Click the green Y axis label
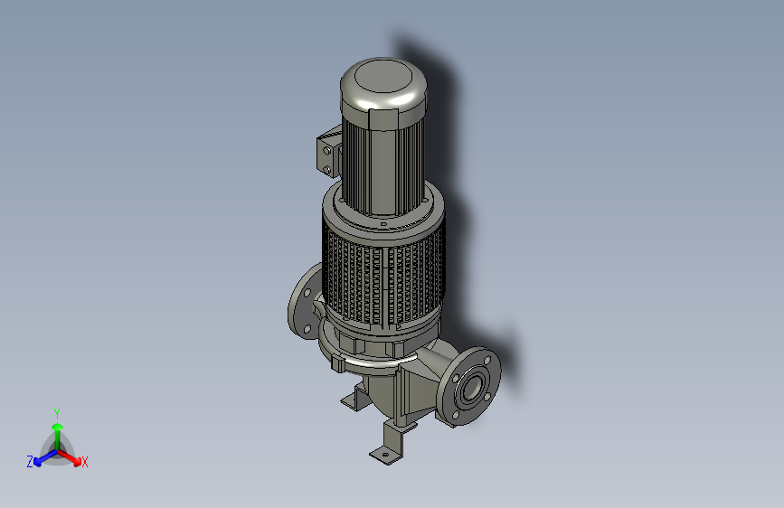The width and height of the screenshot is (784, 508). coord(57,413)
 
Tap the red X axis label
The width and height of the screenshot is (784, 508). coord(84,462)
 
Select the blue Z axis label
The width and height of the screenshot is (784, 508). coord(30,462)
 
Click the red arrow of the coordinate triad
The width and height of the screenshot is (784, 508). coord(70,457)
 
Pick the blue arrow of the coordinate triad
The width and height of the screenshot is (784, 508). coord(45,457)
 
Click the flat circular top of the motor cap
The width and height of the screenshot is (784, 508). coord(383,76)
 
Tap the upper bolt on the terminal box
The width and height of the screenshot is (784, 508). coord(327,150)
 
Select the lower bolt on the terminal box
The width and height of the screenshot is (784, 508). coord(327,170)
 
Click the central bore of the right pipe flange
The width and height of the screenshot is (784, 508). coord(470,388)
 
